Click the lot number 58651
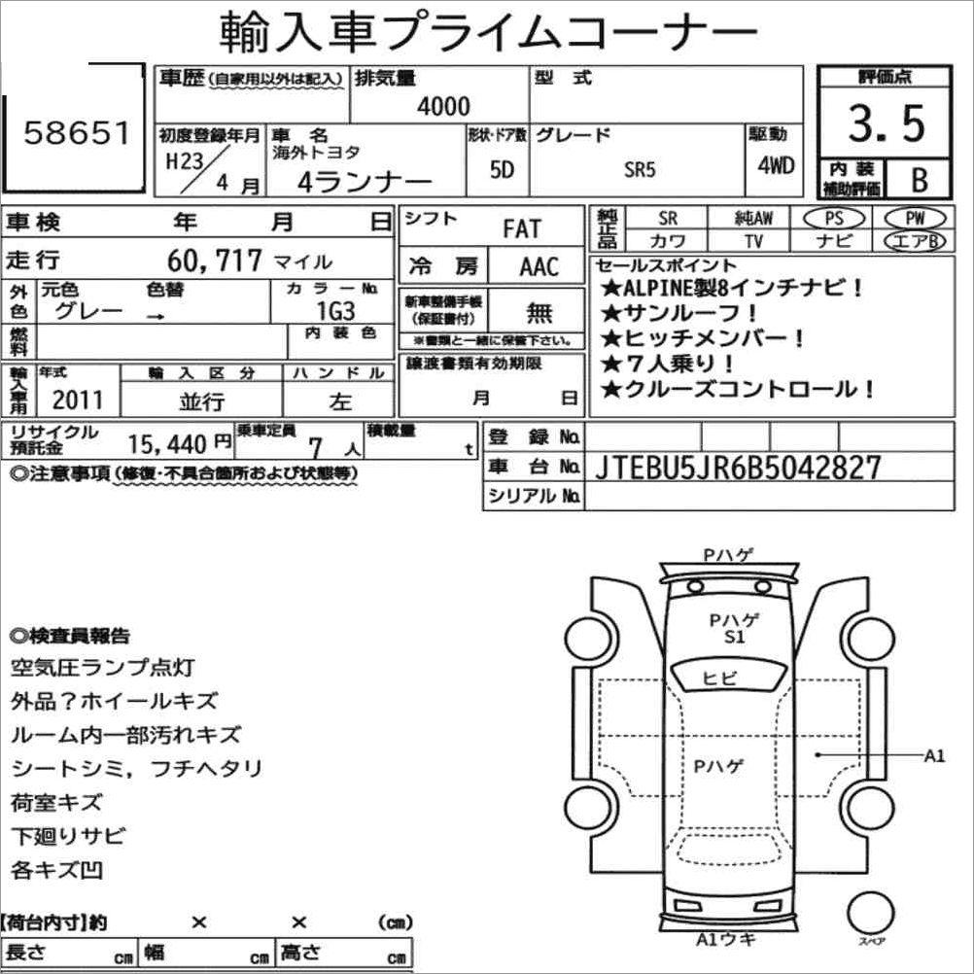(x=76, y=133)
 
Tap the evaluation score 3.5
(x=886, y=123)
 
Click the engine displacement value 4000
(x=442, y=106)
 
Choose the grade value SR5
(x=640, y=169)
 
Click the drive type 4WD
(x=776, y=164)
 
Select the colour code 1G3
(x=335, y=311)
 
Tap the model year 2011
(x=77, y=400)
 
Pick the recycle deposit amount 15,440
(x=167, y=444)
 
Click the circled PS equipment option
(x=834, y=219)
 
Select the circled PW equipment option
(x=913, y=219)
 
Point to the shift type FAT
(x=522, y=229)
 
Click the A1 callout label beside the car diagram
(x=934, y=755)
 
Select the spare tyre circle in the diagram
(x=870, y=915)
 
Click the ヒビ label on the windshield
(x=720, y=678)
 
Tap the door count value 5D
(x=503, y=168)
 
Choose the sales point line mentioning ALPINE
(x=733, y=288)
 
